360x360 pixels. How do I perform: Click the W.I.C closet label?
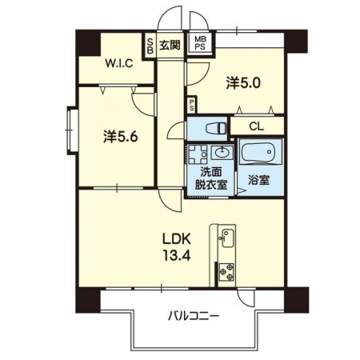click(119, 63)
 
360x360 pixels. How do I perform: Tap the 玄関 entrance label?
click(170, 45)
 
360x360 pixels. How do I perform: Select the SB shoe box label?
click(150, 46)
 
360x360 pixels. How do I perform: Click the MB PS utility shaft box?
click(200, 43)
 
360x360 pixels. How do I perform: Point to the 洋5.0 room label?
click(243, 83)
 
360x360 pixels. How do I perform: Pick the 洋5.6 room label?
click(121, 137)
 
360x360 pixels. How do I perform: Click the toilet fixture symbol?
click(216, 129)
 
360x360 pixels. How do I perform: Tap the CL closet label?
click(256, 126)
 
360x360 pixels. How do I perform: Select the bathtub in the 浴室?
click(258, 153)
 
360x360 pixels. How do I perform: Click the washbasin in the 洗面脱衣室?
click(222, 153)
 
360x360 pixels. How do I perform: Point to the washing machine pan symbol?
click(198, 154)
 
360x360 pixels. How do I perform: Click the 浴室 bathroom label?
click(258, 180)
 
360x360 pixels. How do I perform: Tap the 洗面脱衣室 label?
click(210, 178)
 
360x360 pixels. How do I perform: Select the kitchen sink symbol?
click(227, 238)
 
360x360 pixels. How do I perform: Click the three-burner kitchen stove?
click(226, 272)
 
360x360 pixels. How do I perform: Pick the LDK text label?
click(177, 239)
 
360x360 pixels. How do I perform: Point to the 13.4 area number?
click(177, 256)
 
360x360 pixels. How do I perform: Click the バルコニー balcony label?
click(194, 316)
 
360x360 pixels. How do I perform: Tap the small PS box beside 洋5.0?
click(191, 105)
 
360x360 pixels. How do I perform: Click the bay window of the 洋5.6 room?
click(72, 130)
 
